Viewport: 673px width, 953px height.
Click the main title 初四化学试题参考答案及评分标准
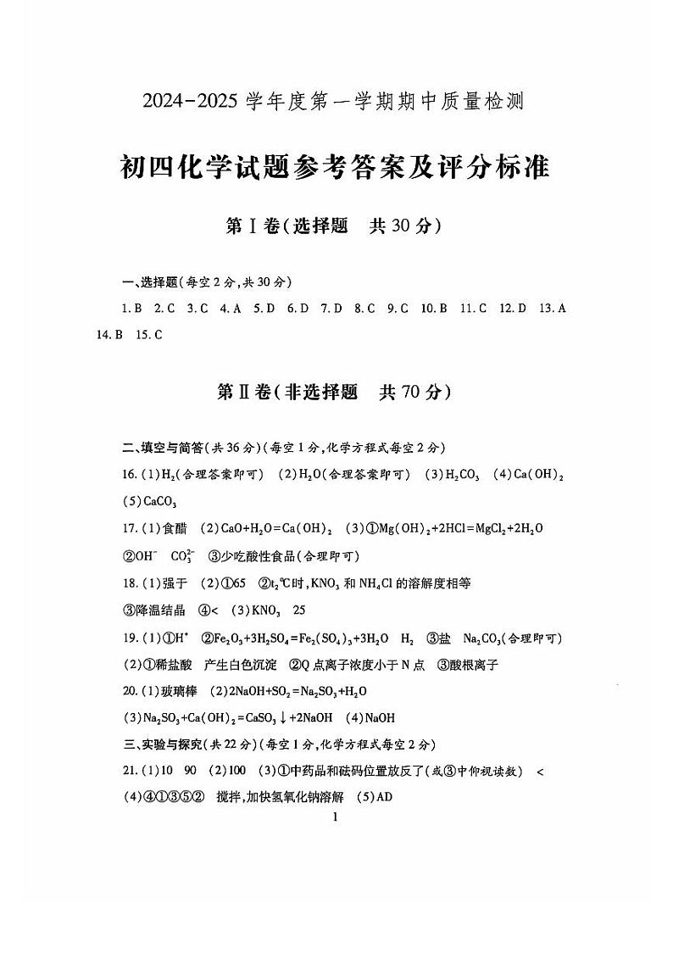point(336,167)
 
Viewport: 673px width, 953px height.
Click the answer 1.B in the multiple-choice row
point(131,309)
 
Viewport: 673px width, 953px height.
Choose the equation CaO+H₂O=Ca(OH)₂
point(271,528)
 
